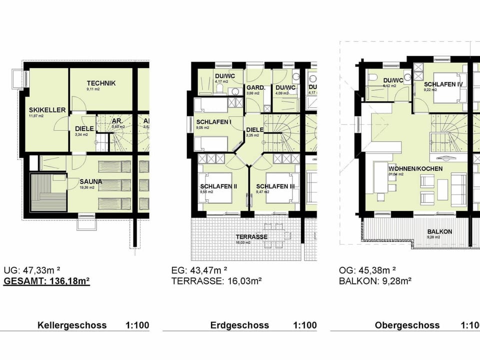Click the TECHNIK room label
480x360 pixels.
tap(101, 83)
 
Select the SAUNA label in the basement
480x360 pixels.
tap(91, 181)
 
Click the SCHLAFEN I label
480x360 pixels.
tap(214, 121)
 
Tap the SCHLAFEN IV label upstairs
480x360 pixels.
tap(443, 84)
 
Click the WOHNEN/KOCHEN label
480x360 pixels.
tap(415, 168)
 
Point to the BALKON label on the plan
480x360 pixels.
tap(439, 231)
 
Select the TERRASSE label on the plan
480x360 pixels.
tap(252, 236)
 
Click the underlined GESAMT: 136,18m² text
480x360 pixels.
tap(46, 281)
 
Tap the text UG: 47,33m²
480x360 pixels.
tap(31, 270)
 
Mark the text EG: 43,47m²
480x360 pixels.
tap(199, 270)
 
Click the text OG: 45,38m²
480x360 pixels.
tap(367, 270)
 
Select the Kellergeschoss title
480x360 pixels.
tap(72, 325)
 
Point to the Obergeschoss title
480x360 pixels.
tap(407, 325)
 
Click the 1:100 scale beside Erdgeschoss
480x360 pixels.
tap(304, 325)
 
